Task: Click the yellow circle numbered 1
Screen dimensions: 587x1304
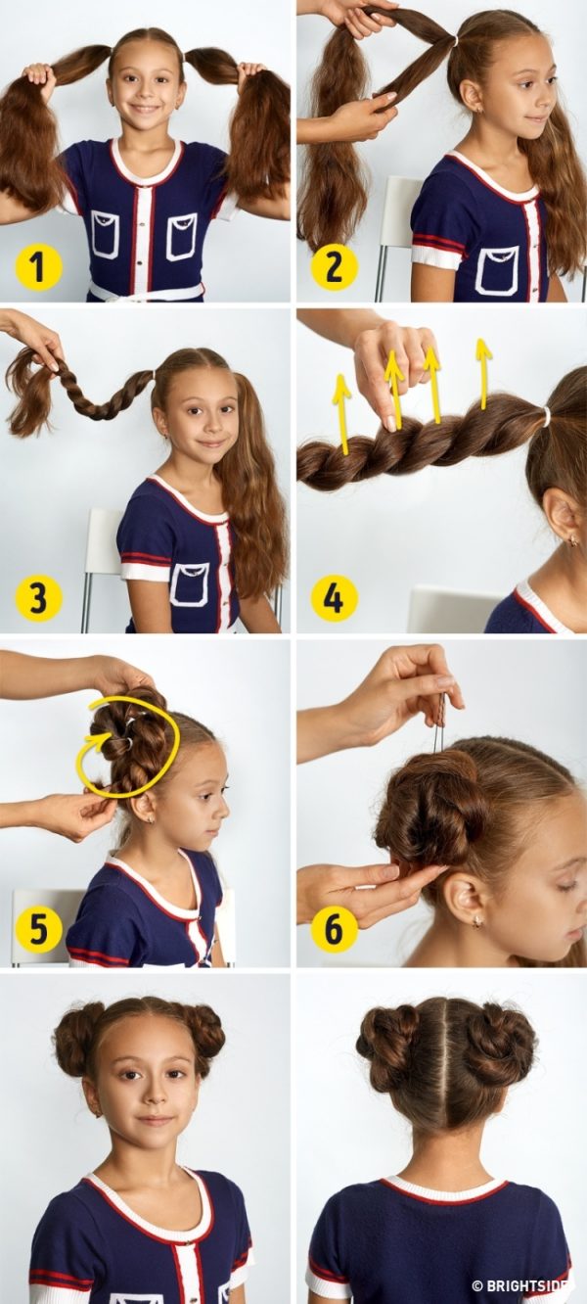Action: (x=38, y=266)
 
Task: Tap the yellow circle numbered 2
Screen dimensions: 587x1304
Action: (x=334, y=266)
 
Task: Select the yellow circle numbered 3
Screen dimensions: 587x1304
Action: (x=38, y=597)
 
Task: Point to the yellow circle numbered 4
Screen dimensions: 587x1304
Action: (x=334, y=598)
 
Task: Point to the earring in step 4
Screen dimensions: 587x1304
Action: (x=573, y=541)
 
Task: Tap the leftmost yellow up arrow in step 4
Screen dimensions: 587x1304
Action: (x=343, y=413)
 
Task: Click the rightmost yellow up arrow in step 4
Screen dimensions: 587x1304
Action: (x=482, y=372)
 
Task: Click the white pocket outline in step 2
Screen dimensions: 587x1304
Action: (x=496, y=270)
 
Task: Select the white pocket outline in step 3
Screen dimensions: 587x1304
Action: (x=190, y=586)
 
